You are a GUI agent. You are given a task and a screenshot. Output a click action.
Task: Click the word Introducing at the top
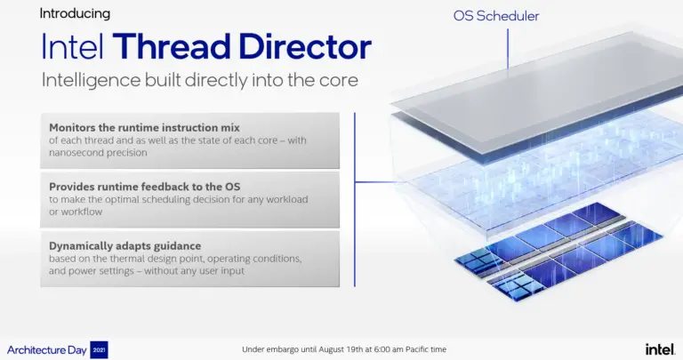point(75,13)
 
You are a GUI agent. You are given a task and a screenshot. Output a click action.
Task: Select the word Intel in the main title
point(73,46)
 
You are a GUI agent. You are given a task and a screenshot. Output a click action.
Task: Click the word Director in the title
point(305,46)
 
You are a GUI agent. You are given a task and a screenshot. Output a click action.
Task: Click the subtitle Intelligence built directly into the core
point(199,80)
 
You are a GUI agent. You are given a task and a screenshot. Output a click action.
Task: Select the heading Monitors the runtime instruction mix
point(144,127)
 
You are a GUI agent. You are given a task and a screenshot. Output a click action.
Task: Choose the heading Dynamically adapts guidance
point(125,245)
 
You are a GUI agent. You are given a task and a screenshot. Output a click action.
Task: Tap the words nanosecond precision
point(99,152)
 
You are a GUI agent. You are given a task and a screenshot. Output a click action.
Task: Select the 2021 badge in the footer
point(99,348)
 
